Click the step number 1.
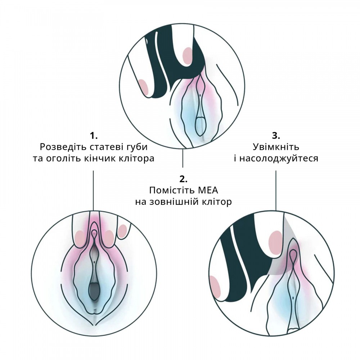(x=94, y=136)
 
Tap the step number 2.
(x=183, y=179)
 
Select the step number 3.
(x=275, y=136)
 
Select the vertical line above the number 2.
(x=183, y=158)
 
